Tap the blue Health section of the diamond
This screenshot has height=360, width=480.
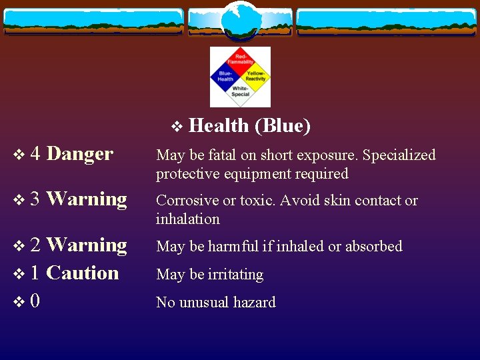(x=225, y=76)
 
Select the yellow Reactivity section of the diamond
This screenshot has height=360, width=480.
(x=255, y=76)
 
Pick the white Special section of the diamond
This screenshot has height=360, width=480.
(x=241, y=91)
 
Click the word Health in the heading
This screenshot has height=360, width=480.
(x=219, y=125)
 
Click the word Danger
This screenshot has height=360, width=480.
(x=80, y=154)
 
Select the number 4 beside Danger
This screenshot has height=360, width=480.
(x=35, y=154)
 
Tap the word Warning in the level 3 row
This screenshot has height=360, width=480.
(x=87, y=199)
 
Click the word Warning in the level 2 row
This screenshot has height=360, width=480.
(x=87, y=245)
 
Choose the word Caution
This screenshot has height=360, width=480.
(x=83, y=273)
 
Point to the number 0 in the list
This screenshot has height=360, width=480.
(x=35, y=301)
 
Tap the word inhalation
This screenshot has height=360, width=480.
(x=187, y=219)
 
